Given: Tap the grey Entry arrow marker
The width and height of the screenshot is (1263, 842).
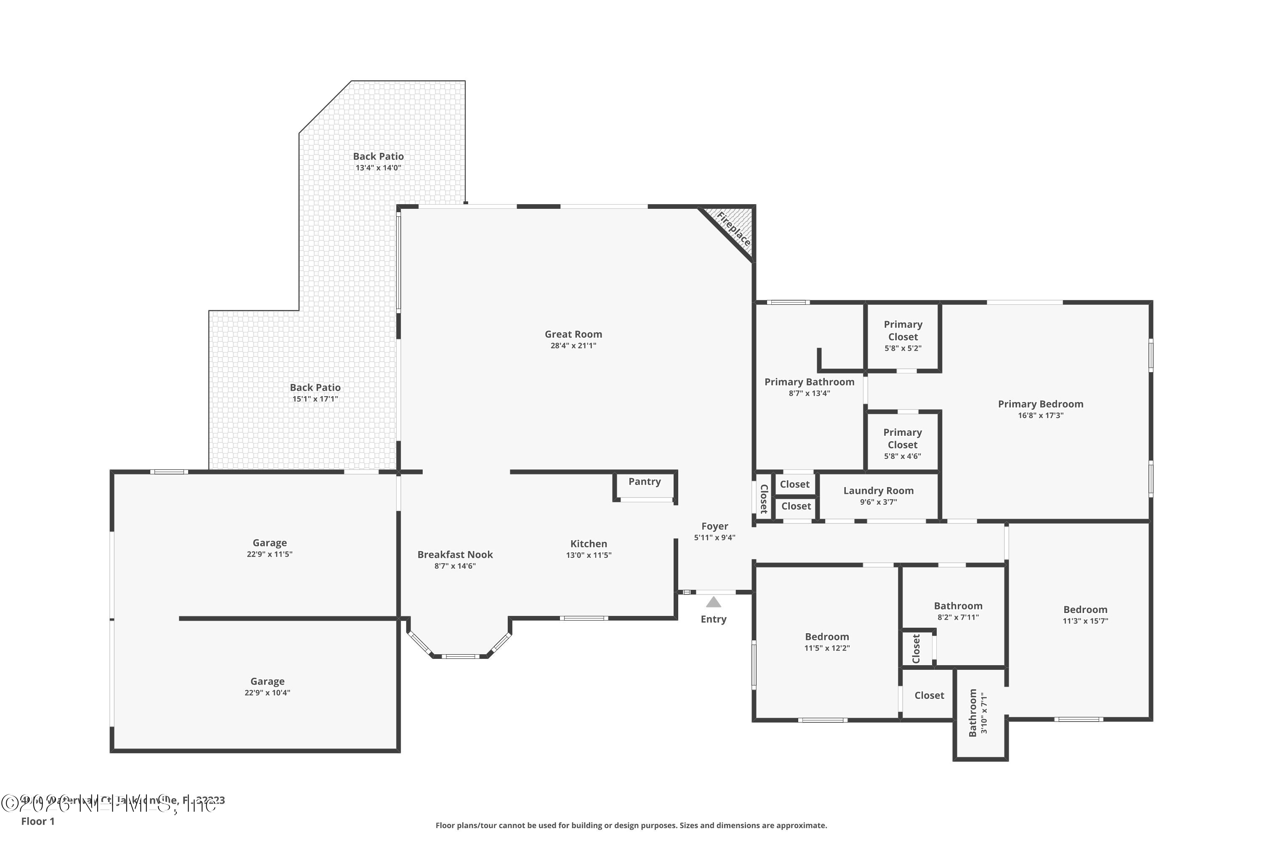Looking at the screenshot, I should pyautogui.click(x=713, y=602).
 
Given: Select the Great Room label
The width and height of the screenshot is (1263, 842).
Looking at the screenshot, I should pyautogui.click(x=573, y=334).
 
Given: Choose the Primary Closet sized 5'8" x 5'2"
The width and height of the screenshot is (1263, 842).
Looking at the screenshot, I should pyautogui.click(x=903, y=336).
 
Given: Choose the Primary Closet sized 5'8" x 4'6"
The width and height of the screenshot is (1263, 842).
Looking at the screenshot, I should pyautogui.click(x=902, y=444).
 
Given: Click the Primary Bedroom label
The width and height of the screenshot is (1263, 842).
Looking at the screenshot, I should pyautogui.click(x=1040, y=404).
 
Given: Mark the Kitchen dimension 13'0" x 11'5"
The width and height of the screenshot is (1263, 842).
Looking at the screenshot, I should pyautogui.click(x=589, y=555).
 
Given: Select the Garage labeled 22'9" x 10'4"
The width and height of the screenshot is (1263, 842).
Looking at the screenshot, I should pyautogui.click(x=267, y=686).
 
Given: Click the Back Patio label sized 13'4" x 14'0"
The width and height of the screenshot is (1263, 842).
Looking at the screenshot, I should pyautogui.click(x=378, y=156).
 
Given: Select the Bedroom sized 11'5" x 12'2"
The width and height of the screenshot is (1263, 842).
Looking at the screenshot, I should pyautogui.click(x=826, y=642).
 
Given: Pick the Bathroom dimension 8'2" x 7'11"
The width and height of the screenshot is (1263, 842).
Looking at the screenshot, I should pyautogui.click(x=958, y=618).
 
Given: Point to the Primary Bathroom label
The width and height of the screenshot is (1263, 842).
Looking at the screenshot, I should pyautogui.click(x=809, y=382).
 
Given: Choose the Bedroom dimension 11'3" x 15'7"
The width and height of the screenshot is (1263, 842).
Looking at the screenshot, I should pyautogui.click(x=1085, y=621).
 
